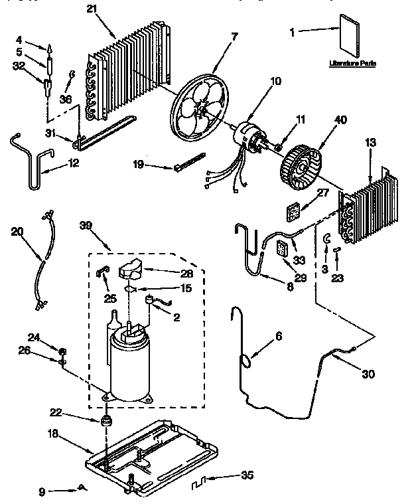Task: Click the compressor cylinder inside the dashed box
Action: pyautogui.click(x=130, y=369)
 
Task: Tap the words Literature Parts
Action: pyautogui.click(x=353, y=65)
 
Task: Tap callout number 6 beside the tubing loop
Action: pyautogui.click(x=278, y=337)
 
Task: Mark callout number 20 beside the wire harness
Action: pyautogui.click(x=18, y=231)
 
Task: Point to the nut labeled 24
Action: pyautogui.click(x=62, y=351)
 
